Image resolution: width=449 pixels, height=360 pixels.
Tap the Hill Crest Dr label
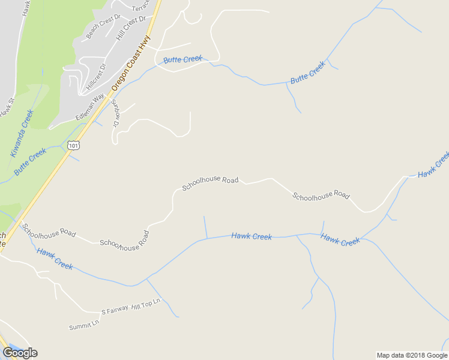click(x=131, y=28)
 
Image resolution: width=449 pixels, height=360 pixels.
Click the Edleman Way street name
click(x=90, y=106)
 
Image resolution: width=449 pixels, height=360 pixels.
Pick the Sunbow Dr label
click(x=116, y=112)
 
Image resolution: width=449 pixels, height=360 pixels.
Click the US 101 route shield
click(x=73, y=145)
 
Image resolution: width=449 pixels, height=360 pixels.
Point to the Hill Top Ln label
click(x=146, y=304)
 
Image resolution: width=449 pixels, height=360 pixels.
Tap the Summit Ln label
click(x=83, y=326)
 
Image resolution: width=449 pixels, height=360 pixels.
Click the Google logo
click(x=20, y=352)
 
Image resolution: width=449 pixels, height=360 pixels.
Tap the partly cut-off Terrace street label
click(x=140, y=7)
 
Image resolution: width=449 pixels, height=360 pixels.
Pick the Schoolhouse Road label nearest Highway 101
click(x=49, y=230)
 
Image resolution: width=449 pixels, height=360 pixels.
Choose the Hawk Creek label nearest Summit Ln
click(x=55, y=257)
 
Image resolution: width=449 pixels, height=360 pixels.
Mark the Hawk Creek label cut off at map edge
click(x=433, y=165)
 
